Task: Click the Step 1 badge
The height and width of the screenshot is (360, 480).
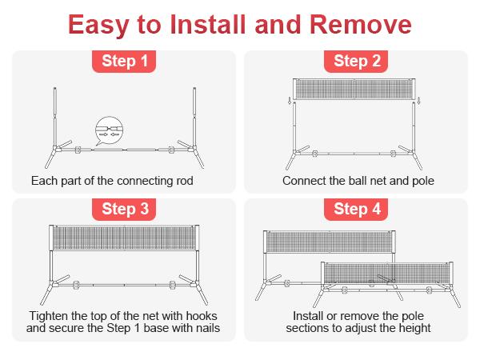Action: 124,62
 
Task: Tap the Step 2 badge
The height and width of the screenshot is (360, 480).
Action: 356,62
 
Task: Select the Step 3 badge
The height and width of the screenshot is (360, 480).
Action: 124,209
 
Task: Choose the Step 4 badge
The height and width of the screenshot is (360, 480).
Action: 356,209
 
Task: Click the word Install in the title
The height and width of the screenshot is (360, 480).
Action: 207,25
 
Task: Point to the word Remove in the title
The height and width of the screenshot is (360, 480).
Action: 361,25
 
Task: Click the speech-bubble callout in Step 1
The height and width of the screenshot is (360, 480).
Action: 109,130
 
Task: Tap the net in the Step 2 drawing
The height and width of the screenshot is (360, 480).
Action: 354,89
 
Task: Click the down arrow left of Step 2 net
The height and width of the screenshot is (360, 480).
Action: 290,101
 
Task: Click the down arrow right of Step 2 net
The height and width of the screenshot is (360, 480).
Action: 419,101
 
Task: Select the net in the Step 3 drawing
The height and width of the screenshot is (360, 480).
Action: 124,238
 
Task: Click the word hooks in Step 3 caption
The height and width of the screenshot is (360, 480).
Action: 202,316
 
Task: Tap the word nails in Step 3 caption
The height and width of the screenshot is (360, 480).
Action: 208,328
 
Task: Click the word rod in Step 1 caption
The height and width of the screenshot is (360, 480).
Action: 185,181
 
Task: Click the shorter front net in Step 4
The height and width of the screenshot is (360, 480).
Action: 387,273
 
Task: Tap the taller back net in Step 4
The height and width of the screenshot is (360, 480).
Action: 330,242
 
